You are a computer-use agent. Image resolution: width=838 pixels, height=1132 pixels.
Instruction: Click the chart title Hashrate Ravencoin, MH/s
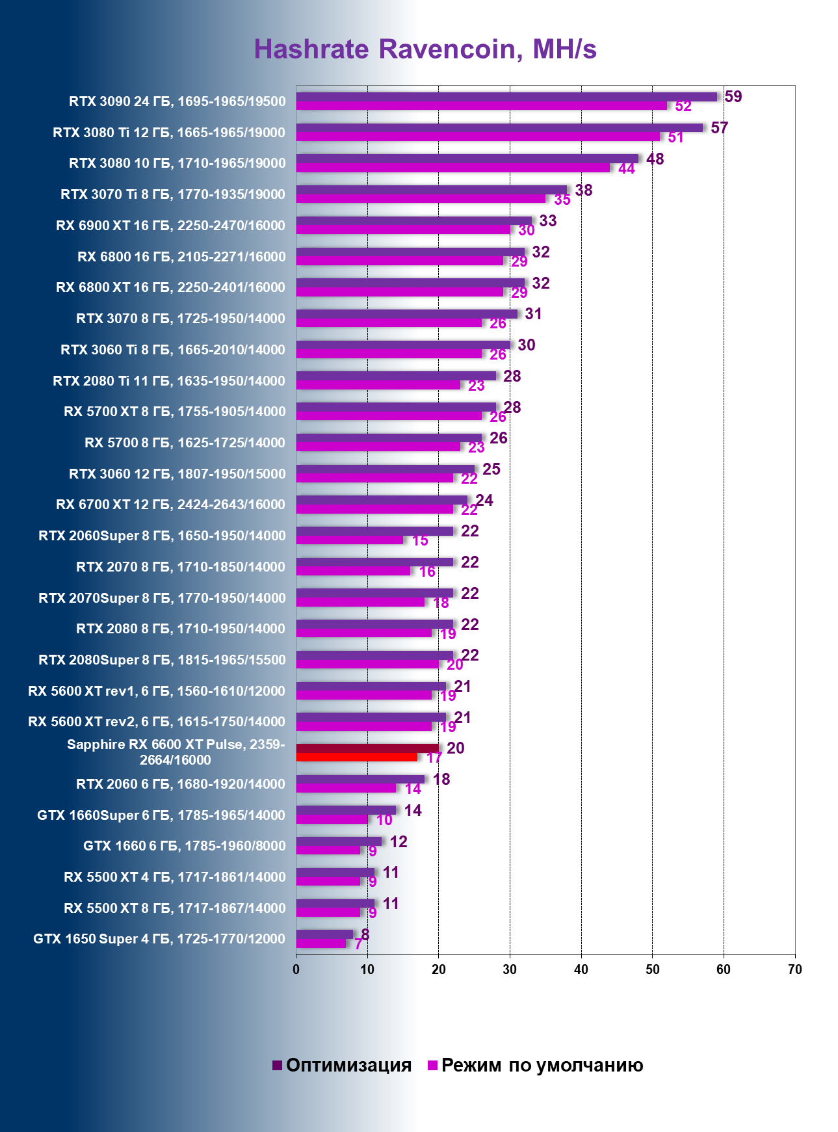(x=425, y=49)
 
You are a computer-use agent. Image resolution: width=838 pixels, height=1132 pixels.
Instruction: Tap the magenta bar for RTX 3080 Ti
(x=478, y=137)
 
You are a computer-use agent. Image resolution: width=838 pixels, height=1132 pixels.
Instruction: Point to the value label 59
(x=733, y=97)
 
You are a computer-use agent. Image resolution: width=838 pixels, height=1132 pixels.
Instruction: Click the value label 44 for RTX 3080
(x=626, y=169)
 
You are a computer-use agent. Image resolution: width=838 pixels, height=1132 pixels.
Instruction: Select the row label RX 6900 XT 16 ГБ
(x=170, y=226)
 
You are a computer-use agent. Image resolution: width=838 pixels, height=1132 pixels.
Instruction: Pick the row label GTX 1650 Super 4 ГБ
(x=159, y=939)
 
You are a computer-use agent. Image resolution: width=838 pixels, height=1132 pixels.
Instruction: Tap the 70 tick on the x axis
(x=794, y=969)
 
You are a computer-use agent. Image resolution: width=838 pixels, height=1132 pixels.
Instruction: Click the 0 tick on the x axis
(x=296, y=969)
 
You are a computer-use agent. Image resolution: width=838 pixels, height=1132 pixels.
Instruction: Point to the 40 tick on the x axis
(x=581, y=969)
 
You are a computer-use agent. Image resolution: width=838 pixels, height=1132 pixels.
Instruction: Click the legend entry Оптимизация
(x=342, y=1065)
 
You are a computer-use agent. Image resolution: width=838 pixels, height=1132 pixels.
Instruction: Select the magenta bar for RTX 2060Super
(x=349, y=540)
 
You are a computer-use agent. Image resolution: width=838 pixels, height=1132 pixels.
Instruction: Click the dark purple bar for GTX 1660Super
(x=346, y=810)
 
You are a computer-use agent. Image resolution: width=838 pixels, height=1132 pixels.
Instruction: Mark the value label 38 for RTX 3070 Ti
(x=583, y=191)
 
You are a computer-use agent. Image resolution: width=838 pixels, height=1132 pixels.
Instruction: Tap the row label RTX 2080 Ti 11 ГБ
(x=169, y=381)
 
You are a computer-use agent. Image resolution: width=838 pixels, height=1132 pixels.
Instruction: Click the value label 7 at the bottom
(x=358, y=944)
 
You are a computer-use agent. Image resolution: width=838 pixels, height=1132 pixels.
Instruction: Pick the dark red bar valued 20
(x=367, y=748)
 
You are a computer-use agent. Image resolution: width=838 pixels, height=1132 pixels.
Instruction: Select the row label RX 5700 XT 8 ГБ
(x=174, y=412)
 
